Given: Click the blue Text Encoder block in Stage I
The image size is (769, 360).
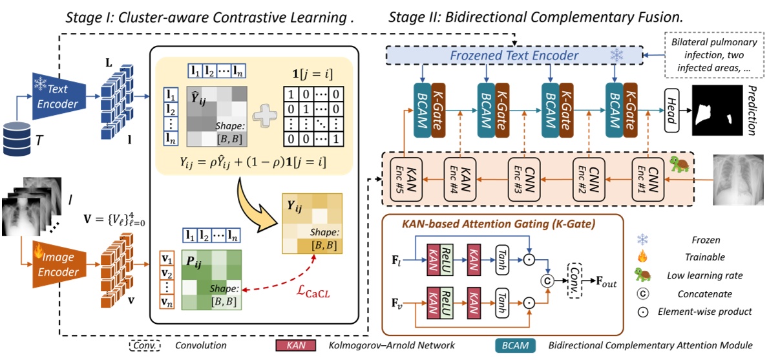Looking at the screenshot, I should click(56, 96).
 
